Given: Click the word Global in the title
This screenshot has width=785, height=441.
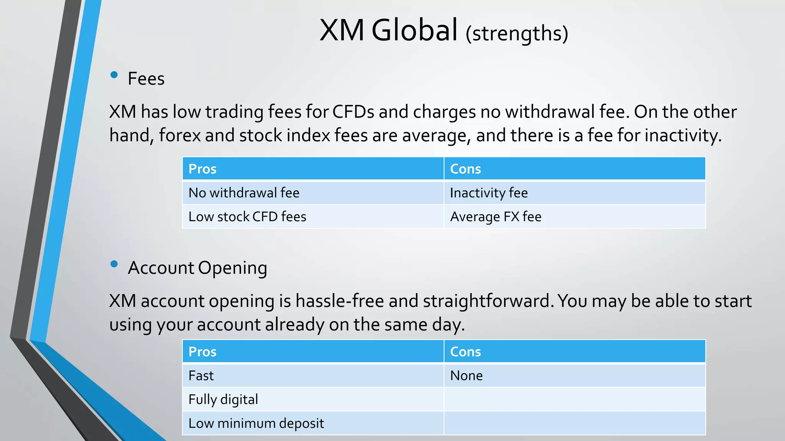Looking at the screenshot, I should (414, 30).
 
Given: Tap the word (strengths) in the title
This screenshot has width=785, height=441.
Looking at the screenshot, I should (517, 34).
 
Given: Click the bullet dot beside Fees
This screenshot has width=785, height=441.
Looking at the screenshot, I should (114, 75).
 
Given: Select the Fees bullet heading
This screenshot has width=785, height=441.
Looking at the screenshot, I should (146, 79).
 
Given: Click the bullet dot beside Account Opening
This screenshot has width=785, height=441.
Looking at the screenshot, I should (114, 264).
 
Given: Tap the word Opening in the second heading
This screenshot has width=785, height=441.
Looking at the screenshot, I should (232, 268).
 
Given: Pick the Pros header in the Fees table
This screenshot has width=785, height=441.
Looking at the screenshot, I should (202, 169).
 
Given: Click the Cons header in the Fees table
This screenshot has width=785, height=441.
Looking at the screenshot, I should (465, 169).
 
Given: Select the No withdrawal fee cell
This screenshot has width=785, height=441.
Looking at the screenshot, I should (244, 193).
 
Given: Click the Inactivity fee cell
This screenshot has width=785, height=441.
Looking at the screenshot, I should (489, 193).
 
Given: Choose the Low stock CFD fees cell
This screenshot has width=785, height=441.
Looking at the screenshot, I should (247, 217).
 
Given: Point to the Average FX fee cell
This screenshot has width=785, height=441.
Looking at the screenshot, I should (496, 217).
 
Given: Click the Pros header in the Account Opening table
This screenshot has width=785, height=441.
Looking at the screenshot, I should (202, 351).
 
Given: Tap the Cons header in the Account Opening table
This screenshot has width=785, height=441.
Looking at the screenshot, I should (465, 351).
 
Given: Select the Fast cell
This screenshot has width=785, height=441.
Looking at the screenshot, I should (201, 376).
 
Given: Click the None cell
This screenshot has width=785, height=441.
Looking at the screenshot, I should (466, 376).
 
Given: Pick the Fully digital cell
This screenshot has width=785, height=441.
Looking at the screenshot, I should (223, 399).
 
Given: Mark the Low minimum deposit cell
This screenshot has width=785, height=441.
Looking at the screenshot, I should (256, 423).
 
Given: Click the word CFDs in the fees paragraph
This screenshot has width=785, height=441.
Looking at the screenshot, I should (353, 112).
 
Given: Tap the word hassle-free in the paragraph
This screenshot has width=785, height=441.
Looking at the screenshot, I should (340, 301).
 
